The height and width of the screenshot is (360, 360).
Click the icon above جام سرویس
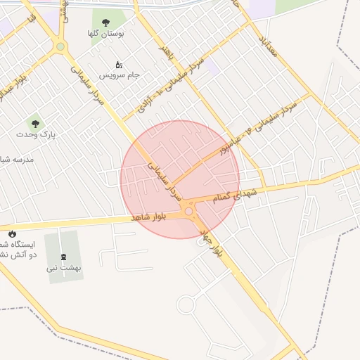(x=118, y=65)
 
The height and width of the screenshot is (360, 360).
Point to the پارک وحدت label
(x=38, y=133)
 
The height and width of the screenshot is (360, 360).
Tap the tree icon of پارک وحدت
(x=31, y=123)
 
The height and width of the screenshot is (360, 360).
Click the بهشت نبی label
(x=65, y=267)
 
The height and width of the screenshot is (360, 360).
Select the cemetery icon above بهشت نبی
(x=63, y=256)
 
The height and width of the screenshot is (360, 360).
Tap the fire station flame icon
(x=12, y=234)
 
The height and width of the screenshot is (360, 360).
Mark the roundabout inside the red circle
(x=188, y=210)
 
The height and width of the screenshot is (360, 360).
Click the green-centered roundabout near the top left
(x=61, y=47)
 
